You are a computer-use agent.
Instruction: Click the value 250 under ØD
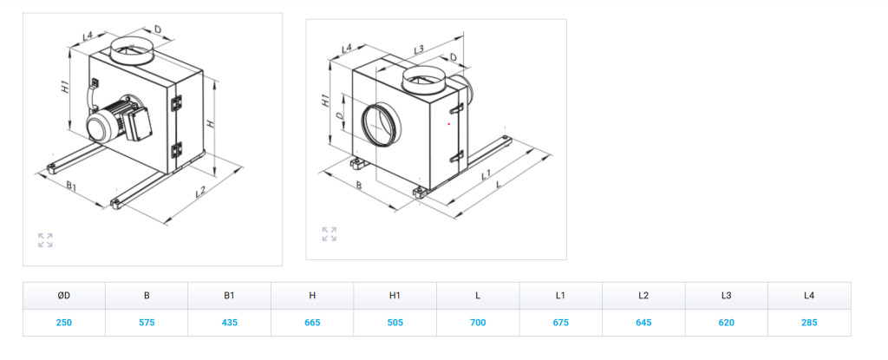coord(64,323)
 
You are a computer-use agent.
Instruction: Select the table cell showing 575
coord(147,323)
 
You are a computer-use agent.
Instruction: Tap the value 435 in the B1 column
coord(229,323)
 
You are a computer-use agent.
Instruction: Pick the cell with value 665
coord(312,323)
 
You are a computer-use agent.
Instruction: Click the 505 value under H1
coord(395,323)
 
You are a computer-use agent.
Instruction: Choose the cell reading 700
coord(478,323)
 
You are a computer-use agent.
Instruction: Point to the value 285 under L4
coord(809,323)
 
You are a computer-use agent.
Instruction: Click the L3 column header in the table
coord(727,295)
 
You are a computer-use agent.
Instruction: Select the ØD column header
coord(64,295)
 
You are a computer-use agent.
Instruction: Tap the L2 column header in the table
coord(643,295)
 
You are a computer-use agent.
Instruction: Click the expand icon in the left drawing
coord(45,239)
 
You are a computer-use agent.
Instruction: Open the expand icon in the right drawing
coord(329,233)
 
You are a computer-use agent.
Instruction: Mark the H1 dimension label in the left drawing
coord(66,87)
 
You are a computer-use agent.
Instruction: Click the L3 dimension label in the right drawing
coord(419,49)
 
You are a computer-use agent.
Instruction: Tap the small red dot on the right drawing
coord(449,123)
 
